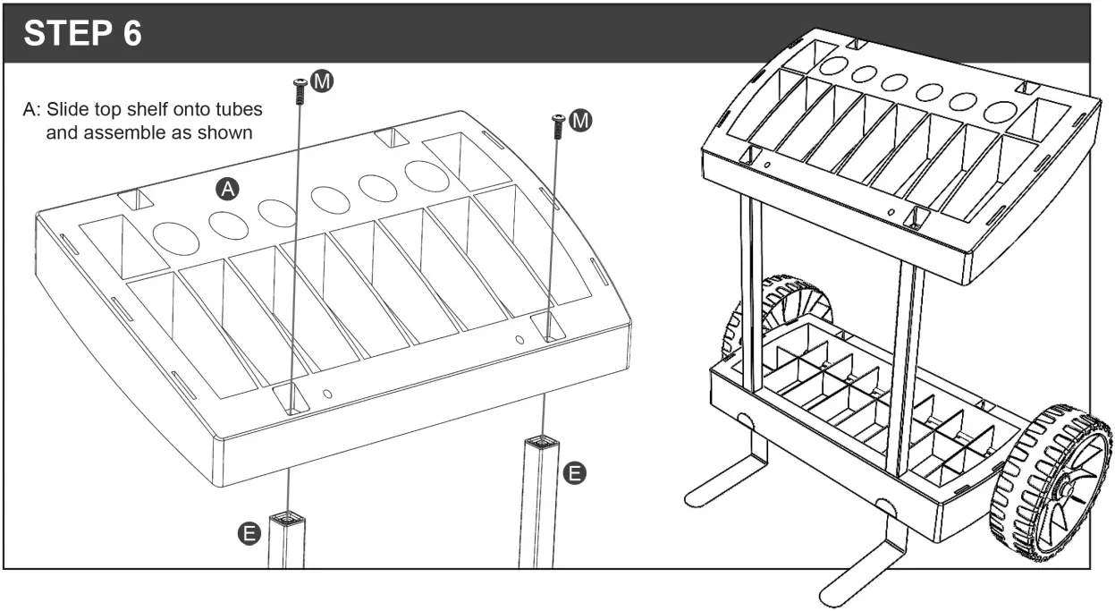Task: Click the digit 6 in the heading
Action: [x=131, y=33]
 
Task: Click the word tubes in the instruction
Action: [x=241, y=110]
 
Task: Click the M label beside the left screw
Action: [x=322, y=81]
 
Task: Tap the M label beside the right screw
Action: [x=580, y=120]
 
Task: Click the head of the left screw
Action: [x=299, y=83]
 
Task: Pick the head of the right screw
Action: [x=558, y=119]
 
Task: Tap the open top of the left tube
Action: [x=288, y=517]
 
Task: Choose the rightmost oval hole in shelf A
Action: [x=427, y=175]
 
